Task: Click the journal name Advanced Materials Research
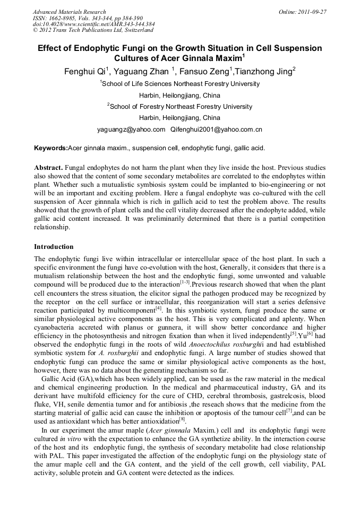(69, 12)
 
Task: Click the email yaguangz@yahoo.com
(131, 130)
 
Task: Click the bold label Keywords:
(51, 148)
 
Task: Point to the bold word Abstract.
(49, 167)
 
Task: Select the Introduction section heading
(54, 247)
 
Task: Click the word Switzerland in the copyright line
(135, 30)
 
